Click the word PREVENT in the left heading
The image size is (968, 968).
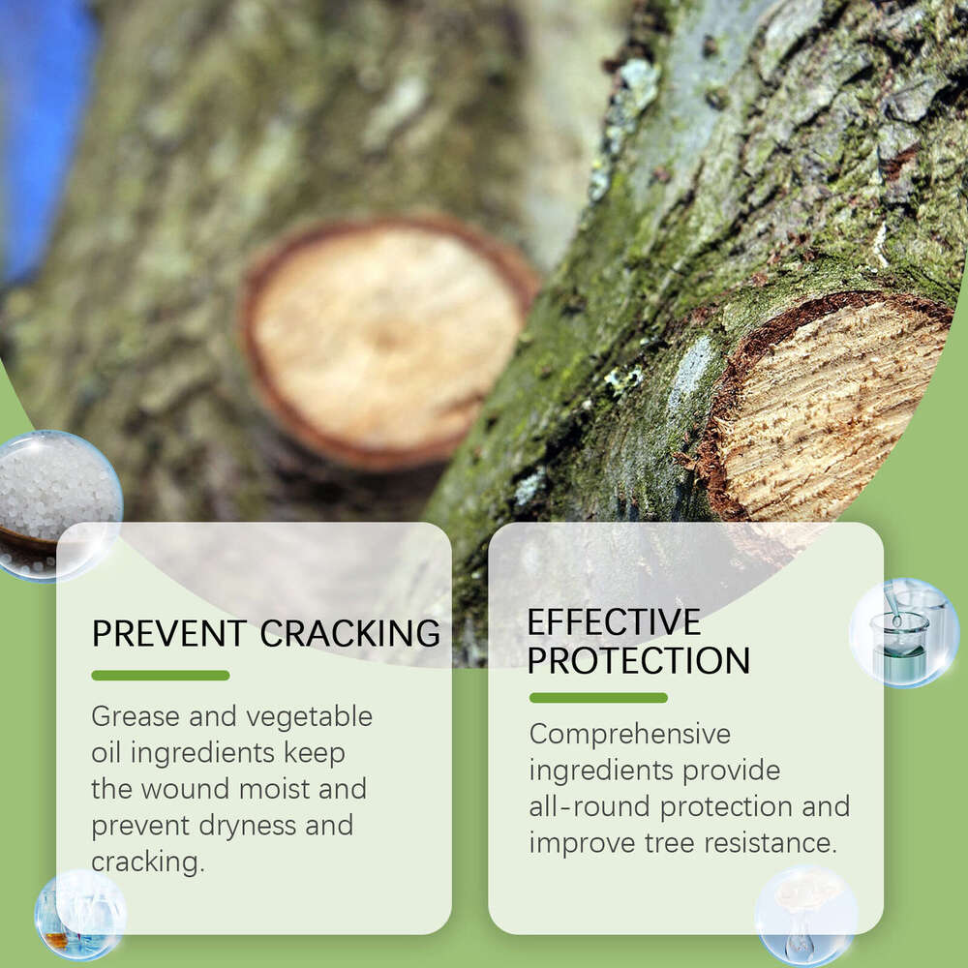pos(169,633)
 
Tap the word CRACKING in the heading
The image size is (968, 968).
pos(350,633)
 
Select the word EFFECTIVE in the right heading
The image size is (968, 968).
pos(614,621)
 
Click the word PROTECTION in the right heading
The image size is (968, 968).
pos(639,660)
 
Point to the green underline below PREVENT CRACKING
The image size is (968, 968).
pos(161,675)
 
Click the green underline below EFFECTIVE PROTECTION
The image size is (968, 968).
pos(598,697)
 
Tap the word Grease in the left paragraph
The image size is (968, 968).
pos(135,717)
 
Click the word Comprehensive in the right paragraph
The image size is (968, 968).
pos(629,735)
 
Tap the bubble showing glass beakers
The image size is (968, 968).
pos(904,633)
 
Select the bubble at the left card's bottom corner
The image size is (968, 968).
pos(80,915)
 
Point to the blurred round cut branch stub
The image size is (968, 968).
pos(387,339)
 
